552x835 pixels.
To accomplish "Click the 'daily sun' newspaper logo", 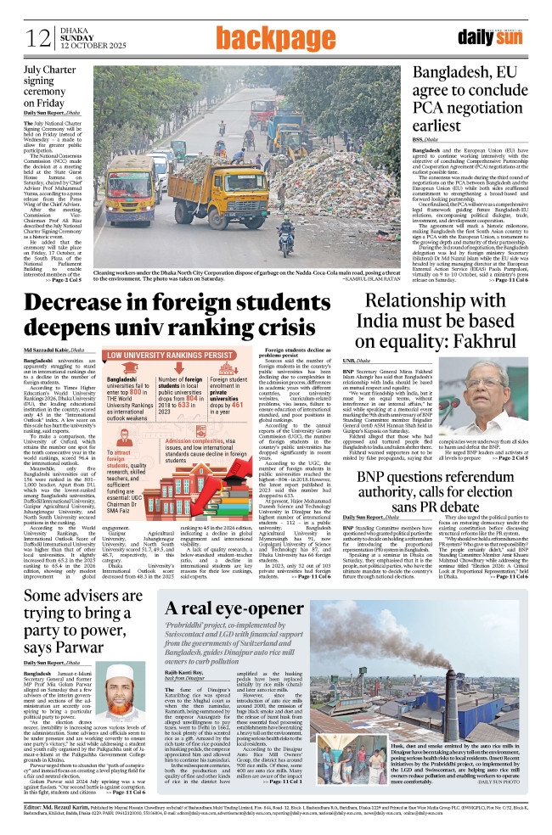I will click(x=504, y=36).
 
